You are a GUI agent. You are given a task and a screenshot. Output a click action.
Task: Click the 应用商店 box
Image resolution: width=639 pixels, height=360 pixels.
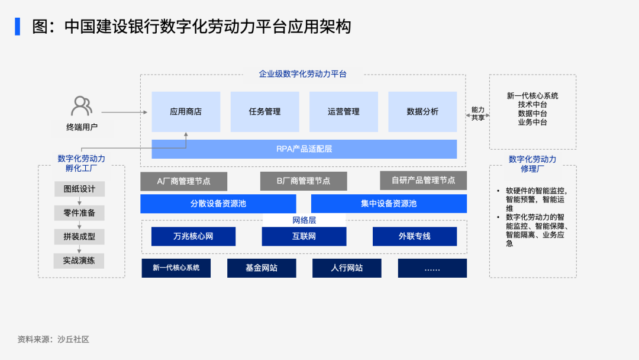coord(186,112)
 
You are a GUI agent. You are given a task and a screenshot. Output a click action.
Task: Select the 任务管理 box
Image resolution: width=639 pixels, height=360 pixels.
coord(265,112)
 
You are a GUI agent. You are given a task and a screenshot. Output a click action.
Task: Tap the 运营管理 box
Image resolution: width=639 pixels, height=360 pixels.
coord(344,112)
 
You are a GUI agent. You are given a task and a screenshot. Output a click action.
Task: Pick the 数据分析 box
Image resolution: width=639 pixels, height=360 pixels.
coord(422,112)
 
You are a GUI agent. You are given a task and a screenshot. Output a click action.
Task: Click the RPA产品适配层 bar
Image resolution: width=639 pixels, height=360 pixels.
coord(304,149)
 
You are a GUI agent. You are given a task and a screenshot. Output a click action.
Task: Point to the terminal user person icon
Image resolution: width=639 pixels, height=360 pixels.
coord(82,106)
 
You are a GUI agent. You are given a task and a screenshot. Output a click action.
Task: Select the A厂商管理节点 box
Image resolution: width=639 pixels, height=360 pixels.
coord(184,181)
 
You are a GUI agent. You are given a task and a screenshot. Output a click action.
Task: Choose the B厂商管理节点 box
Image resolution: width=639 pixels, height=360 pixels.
coord(304,181)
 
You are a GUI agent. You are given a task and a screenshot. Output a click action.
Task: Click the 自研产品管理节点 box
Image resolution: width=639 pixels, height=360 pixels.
coord(424,181)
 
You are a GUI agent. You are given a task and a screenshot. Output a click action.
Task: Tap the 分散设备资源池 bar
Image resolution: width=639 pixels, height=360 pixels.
coord(218,204)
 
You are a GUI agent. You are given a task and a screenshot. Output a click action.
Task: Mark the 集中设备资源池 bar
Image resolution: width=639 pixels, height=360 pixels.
coord(389,204)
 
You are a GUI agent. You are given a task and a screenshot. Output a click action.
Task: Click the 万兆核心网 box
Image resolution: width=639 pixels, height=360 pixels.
coord(193,236)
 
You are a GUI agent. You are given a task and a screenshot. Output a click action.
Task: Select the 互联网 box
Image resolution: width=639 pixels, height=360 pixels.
coord(304,236)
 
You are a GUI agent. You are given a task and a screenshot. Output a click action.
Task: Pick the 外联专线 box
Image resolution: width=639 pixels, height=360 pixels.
coord(414,236)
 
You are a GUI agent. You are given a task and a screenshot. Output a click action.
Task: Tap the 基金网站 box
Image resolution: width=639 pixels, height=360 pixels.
coord(262,268)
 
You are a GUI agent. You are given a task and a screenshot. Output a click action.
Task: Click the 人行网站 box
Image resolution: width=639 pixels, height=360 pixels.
coord(347,268)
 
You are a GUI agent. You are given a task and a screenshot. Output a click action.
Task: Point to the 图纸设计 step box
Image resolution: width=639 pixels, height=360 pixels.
coord(79,189)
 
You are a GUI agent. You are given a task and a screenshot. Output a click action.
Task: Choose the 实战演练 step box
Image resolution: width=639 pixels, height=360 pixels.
coord(79,261)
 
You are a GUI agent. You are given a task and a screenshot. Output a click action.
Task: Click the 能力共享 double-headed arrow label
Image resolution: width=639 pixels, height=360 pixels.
coord(477,114)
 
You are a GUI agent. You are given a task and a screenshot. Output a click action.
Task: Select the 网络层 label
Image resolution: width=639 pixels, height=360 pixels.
coord(304,221)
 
